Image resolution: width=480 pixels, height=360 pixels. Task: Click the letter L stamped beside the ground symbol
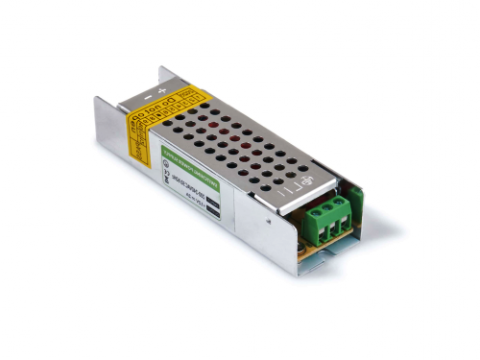click(287, 192)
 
